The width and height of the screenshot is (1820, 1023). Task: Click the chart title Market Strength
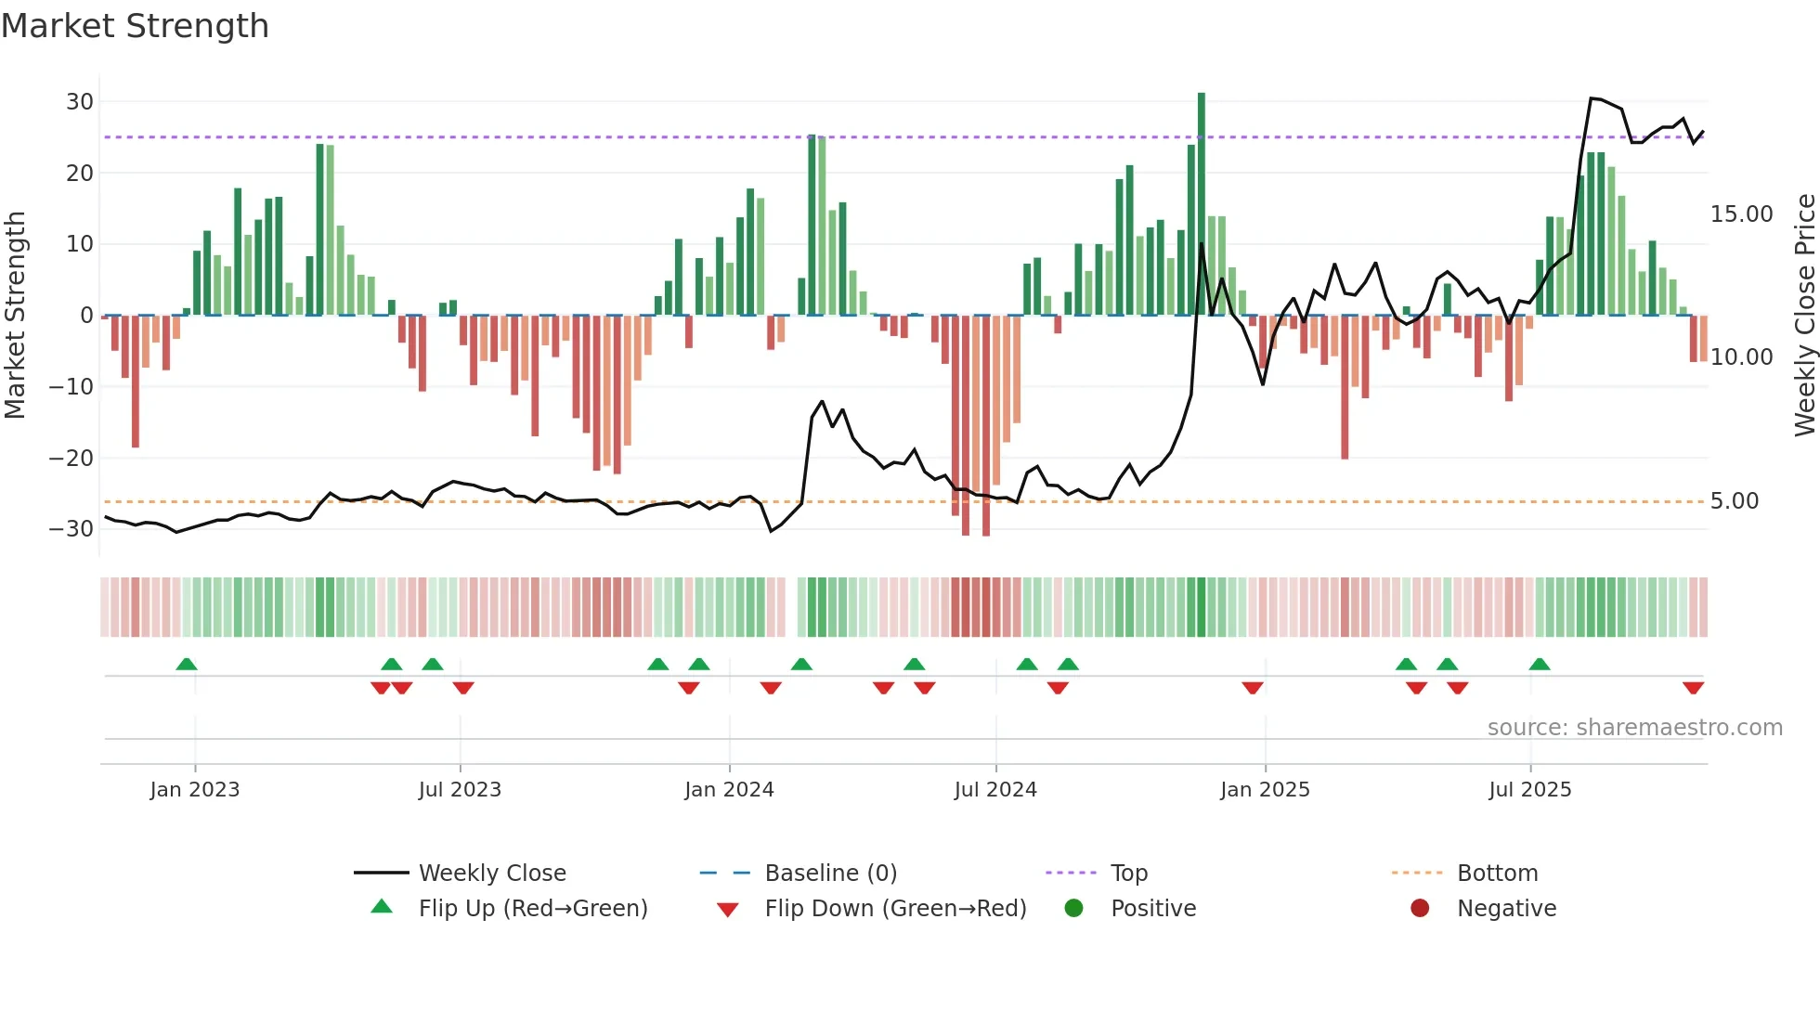click(135, 26)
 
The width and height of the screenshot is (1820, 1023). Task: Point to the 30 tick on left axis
click(80, 102)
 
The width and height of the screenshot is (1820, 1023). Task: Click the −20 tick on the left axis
click(71, 458)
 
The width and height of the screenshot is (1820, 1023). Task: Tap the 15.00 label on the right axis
click(1741, 214)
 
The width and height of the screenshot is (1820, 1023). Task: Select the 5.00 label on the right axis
click(1734, 501)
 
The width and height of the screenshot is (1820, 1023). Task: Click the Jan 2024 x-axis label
click(729, 790)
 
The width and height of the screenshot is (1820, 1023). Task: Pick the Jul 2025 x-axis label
click(1529, 790)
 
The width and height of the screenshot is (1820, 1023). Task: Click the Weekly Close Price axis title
click(1804, 316)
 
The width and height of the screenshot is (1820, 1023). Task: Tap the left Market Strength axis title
click(15, 316)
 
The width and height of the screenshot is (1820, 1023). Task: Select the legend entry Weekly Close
click(492, 874)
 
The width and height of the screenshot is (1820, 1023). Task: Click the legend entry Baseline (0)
click(830, 874)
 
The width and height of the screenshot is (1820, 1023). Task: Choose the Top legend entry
click(1129, 874)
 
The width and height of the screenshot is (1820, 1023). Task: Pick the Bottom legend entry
click(1497, 874)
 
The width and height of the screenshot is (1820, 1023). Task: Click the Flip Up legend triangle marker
click(382, 907)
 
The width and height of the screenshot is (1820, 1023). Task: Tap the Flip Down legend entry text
click(895, 909)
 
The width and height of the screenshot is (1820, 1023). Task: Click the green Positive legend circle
click(1073, 909)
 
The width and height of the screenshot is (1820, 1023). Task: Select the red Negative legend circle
click(1420, 909)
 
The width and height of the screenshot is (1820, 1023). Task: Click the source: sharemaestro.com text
click(1634, 728)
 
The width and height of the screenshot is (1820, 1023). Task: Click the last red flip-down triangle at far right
click(1693, 688)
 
